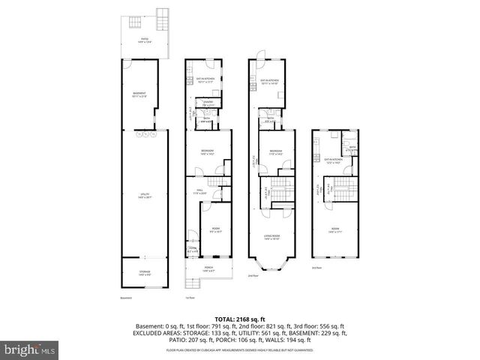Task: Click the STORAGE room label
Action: tap(145, 272)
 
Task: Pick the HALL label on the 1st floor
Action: tap(202, 191)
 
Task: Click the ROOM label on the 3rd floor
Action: tap(335, 230)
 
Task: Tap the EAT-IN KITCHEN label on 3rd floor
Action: tap(333, 160)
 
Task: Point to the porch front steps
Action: tap(193, 285)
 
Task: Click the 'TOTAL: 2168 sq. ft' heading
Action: tap(239, 319)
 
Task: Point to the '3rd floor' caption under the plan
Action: tap(317, 268)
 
